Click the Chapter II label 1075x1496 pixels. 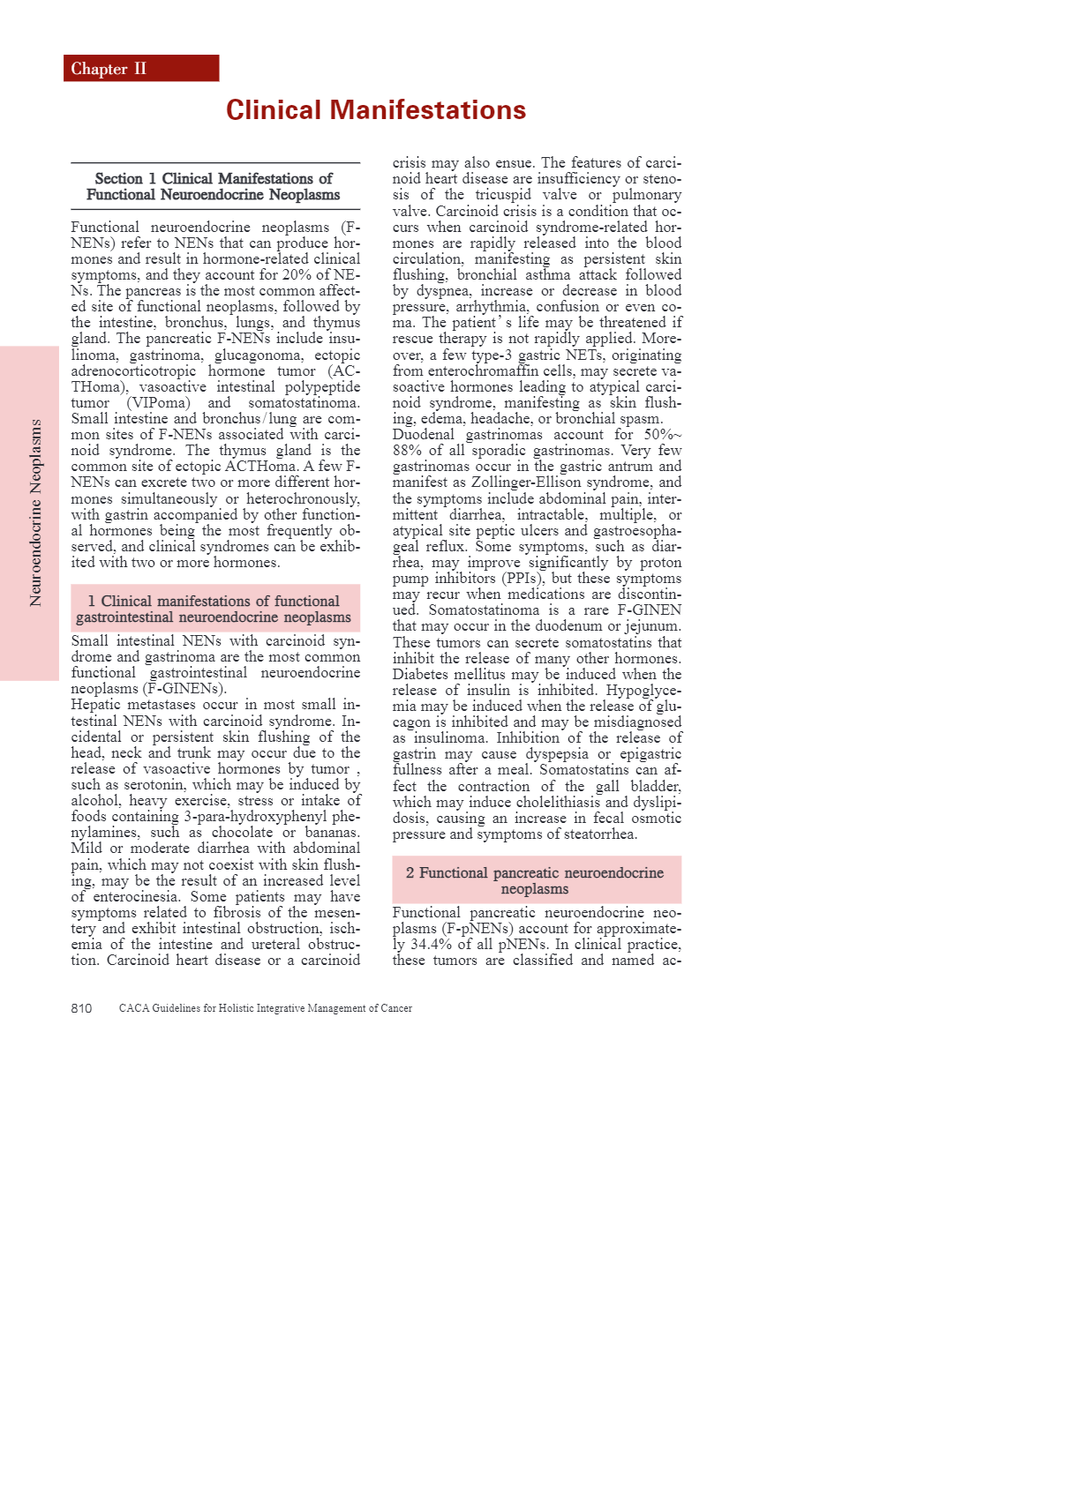[109, 69]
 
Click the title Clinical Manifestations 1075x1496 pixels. [376, 110]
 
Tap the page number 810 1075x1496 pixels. [81, 1008]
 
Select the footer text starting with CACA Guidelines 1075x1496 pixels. [265, 1008]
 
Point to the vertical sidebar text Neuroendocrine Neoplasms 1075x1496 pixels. [36, 512]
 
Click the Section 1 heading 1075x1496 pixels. [214, 186]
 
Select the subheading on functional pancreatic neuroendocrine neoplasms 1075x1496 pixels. [535, 880]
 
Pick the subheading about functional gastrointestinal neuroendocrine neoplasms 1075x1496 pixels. [214, 609]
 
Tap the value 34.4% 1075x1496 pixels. [432, 945]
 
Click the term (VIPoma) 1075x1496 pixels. [159, 403]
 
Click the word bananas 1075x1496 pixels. [332, 833]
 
